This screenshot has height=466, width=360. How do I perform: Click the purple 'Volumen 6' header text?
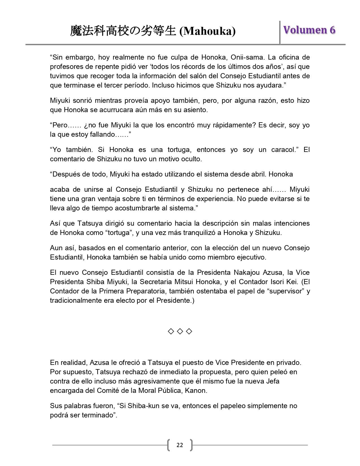(x=309, y=30)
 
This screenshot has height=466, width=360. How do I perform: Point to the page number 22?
(x=180, y=445)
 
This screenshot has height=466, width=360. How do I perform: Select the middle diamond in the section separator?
(x=180, y=331)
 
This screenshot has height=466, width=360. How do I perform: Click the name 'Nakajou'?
(x=247, y=273)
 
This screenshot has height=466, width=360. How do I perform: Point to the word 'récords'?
(x=153, y=67)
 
